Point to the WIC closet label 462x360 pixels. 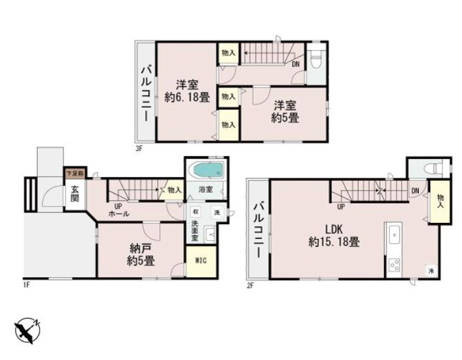(201, 261)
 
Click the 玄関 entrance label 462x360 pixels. (74, 194)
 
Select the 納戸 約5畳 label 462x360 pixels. (140, 255)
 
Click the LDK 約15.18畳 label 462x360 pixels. (333, 236)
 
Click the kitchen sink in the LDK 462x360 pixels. (393, 233)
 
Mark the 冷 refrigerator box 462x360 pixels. (430, 270)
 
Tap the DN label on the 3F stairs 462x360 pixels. (295, 63)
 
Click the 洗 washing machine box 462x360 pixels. (215, 213)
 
